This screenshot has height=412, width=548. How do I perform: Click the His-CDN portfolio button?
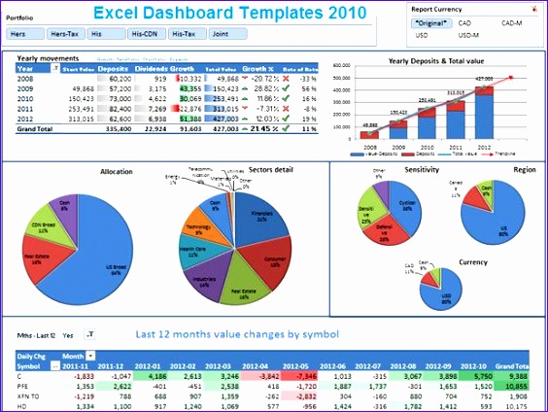146,33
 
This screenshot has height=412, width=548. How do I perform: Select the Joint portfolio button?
220,33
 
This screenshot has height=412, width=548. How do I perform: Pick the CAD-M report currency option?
511,21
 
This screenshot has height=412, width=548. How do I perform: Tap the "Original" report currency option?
428,21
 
